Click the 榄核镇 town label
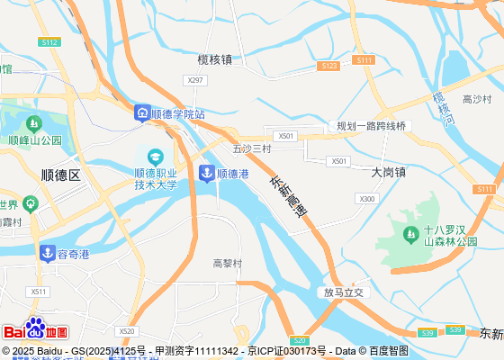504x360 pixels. point(215,59)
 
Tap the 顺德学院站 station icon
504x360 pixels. point(142,113)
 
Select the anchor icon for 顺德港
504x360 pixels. point(207,173)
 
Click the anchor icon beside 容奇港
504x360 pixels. point(48,254)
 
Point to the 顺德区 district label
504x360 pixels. point(61,175)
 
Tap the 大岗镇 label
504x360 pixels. point(389,171)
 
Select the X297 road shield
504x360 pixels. point(194,80)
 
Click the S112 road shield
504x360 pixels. point(49,42)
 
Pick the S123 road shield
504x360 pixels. point(328,66)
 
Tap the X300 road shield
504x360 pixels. point(367,198)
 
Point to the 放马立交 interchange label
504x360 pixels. point(346,292)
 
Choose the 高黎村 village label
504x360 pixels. point(228,264)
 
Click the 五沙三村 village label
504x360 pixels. point(251,148)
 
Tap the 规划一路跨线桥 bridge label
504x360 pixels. point(372,126)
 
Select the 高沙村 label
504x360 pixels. point(476,99)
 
